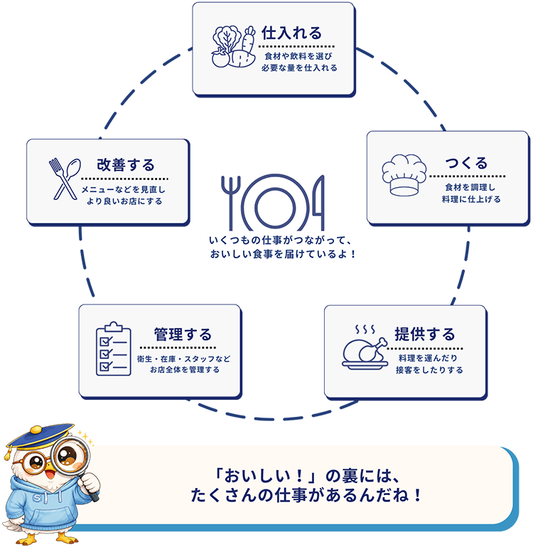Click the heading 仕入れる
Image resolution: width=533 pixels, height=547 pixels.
click(291, 33)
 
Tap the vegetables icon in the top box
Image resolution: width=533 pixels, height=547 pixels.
click(234, 46)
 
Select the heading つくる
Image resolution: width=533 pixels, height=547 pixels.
click(466, 163)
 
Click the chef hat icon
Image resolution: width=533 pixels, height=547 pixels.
click(404, 175)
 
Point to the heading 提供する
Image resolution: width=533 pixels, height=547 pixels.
click(424, 334)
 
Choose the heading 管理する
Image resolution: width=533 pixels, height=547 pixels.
click(183, 334)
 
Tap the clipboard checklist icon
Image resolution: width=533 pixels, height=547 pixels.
click(113, 349)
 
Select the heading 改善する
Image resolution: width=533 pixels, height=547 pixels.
click(126, 165)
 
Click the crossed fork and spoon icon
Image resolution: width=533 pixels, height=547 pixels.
click(65, 179)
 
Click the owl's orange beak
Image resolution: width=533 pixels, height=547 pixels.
click(50, 474)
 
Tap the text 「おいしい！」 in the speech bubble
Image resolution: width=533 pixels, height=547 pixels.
click(266, 476)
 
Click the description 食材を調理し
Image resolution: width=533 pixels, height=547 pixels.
click(470, 187)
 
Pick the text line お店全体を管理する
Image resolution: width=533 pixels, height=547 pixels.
click(185, 369)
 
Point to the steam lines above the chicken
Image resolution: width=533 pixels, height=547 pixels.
click(365, 329)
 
